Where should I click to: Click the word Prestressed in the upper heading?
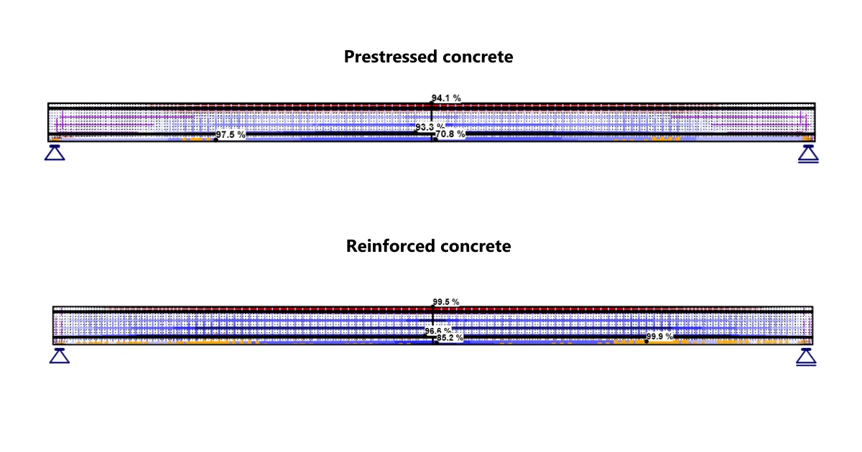coord(390,57)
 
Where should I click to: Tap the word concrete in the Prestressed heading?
coord(478,57)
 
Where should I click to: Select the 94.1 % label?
coord(446,98)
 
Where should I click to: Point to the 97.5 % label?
coord(231,135)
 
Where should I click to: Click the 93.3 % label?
coord(430,127)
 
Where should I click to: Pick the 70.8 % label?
coord(450,133)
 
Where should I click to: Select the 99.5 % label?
coord(446,302)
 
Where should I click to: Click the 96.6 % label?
coord(438,331)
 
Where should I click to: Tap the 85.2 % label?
coord(450,337)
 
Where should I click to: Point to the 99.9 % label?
coord(659,336)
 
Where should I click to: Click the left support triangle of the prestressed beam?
coord(55,153)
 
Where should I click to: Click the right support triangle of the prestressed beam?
coord(808,154)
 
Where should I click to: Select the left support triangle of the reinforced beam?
coord(60,356)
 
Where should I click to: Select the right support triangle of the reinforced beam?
coord(806,357)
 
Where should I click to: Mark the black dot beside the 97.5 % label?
coord(216,140)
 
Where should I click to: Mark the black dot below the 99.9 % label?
coord(646,342)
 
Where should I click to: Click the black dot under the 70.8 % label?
coord(435,139)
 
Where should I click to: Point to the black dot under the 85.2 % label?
coord(437,342)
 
